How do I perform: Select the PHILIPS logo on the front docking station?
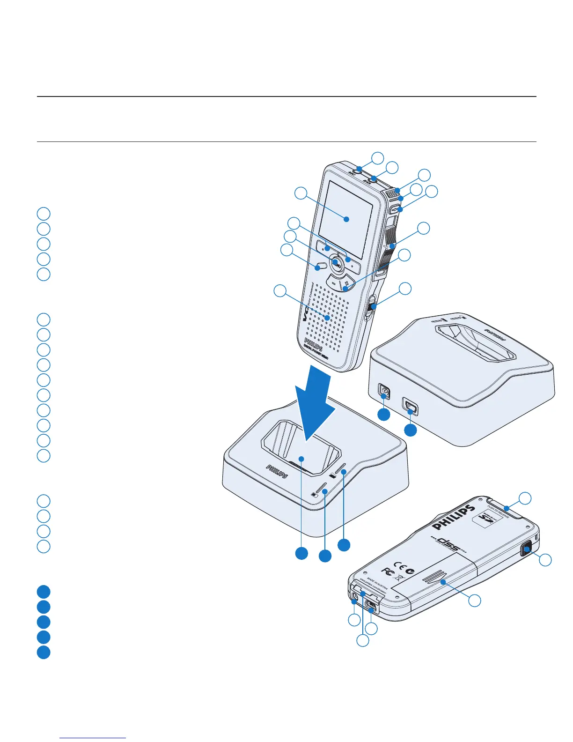click(x=277, y=471)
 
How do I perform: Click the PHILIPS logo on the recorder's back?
click(x=454, y=517)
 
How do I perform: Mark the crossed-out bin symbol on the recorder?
click(x=401, y=577)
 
